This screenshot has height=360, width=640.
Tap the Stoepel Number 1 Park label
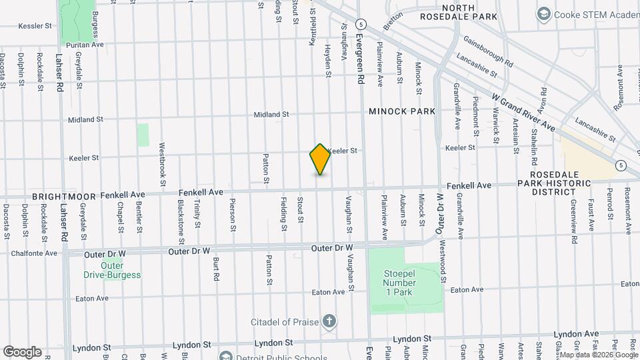399,283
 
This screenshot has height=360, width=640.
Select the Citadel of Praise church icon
328,323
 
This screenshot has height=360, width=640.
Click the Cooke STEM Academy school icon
544,14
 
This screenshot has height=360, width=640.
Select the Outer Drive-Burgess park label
112,271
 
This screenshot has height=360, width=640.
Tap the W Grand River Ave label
523,112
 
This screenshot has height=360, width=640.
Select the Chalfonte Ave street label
33,253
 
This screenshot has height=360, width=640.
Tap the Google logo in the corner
22,352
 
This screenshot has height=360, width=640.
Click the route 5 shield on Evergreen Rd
360,23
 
